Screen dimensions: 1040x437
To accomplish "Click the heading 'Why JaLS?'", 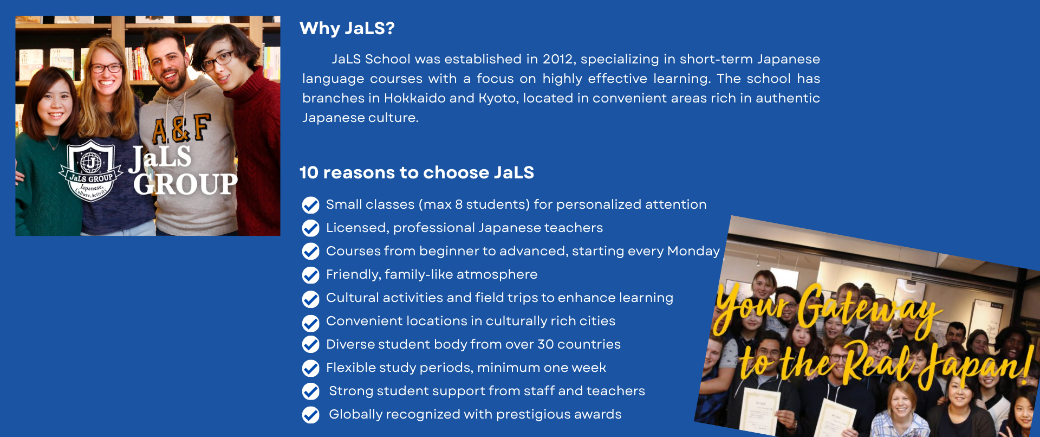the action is point(347,28).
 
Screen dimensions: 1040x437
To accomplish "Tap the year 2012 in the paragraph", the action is point(558,59).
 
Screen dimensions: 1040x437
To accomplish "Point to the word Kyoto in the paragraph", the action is point(497,99).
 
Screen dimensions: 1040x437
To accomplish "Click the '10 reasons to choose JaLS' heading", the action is point(417,172).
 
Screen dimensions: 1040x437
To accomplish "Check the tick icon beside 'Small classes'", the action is point(311,205).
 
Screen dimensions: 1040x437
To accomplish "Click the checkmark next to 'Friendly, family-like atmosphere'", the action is point(311,275).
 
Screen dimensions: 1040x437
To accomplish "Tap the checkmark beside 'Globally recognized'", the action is point(311,415).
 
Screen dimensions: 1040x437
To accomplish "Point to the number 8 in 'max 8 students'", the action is point(459,204).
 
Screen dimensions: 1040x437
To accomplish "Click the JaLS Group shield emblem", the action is point(90,170).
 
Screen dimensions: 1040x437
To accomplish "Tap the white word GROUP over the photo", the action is point(185,184).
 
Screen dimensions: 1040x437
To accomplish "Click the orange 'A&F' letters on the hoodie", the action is point(181,129).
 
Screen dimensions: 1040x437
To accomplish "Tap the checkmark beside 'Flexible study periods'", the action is point(311,368).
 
